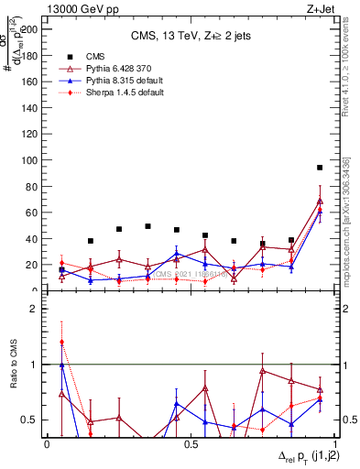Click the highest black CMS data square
319,168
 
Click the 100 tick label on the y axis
33,159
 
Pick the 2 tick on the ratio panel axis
37,309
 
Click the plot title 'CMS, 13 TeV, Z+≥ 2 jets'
191,37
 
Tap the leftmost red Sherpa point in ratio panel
61,342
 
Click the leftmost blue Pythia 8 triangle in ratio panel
61,365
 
